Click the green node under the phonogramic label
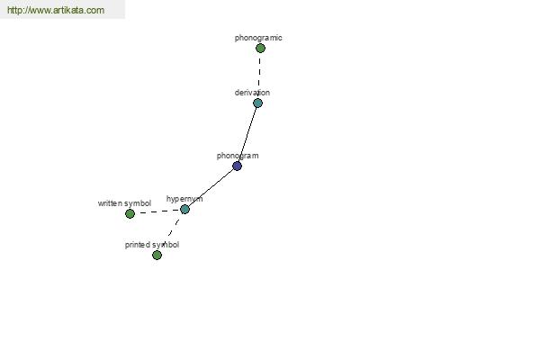[260, 49]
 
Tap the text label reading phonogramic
[258, 38]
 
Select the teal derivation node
[257, 103]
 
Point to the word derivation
[252, 93]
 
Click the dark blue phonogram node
[237, 166]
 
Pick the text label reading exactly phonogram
[238, 156]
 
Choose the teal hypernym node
[184, 209]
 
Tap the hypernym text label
[184, 199]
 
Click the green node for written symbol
[130, 213]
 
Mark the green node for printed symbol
[157, 255]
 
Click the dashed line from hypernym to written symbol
[159, 211]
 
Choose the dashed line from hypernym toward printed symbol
[173, 229]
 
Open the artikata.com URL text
[56, 10]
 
